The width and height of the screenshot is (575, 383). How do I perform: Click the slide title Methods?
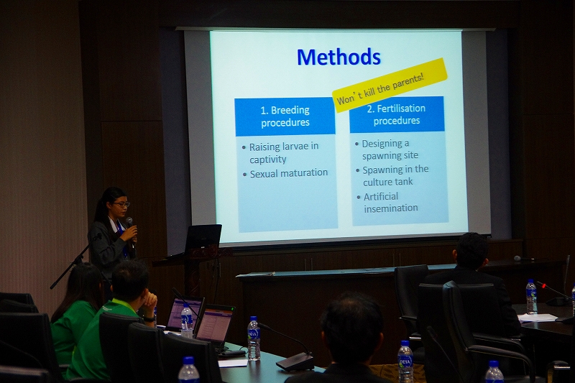(339, 57)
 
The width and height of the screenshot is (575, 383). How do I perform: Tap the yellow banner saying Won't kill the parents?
(390, 86)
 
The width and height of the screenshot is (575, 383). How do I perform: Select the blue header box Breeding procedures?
(285, 116)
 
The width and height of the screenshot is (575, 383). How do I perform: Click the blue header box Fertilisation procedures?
(397, 114)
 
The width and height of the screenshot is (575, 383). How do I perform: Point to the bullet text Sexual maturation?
(289, 173)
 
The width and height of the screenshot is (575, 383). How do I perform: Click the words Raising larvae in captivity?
(283, 152)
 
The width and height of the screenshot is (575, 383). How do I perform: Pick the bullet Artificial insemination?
(390, 202)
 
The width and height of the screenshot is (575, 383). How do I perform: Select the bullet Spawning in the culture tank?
(395, 175)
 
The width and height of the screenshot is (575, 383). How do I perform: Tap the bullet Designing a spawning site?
(390, 149)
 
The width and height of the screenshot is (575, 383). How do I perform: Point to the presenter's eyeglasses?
(121, 204)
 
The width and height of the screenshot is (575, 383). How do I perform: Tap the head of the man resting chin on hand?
(130, 280)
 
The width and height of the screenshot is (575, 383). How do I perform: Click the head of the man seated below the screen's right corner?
(471, 251)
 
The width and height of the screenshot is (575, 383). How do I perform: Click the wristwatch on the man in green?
(149, 319)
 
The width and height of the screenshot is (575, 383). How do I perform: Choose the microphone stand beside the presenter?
(76, 260)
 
